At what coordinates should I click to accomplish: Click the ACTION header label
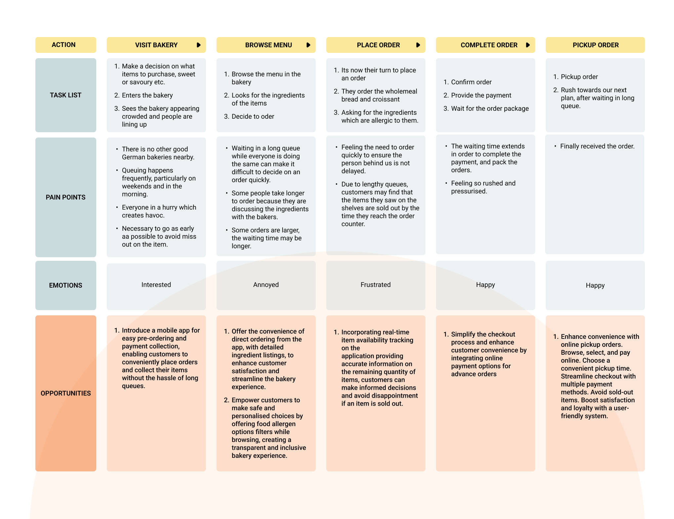pyautogui.click(x=63, y=45)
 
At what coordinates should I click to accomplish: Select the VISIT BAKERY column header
pyautogui.click(x=156, y=45)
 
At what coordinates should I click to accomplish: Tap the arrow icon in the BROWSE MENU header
pyautogui.click(x=308, y=45)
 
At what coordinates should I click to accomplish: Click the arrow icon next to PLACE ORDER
pyautogui.click(x=418, y=45)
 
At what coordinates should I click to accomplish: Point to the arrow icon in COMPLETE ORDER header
pyautogui.click(x=528, y=45)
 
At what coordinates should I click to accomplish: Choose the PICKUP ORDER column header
pyautogui.click(x=595, y=45)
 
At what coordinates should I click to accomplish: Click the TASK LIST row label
pyautogui.click(x=65, y=95)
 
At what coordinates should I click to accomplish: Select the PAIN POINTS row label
pyautogui.click(x=65, y=197)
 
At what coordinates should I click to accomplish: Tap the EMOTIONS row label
pyautogui.click(x=65, y=285)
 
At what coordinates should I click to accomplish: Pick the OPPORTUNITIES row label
pyautogui.click(x=65, y=393)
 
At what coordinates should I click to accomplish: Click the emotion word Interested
pyautogui.click(x=156, y=285)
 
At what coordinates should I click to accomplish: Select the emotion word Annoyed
pyautogui.click(x=266, y=285)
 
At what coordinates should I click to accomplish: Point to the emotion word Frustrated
pyautogui.click(x=376, y=285)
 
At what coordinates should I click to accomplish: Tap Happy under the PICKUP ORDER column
pyautogui.click(x=595, y=285)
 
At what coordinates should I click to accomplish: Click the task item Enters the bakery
pyautogui.click(x=147, y=95)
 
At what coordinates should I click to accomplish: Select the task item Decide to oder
pyautogui.click(x=253, y=116)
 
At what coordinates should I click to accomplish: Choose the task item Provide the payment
pyautogui.click(x=481, y=95)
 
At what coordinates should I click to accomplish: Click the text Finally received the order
pyautogui.click(x=597, y=146)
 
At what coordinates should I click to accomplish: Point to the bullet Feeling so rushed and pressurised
pyautogui.click(x=483, y=187)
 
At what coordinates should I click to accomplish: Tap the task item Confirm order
pyautogui.click(x=471, y=82)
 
